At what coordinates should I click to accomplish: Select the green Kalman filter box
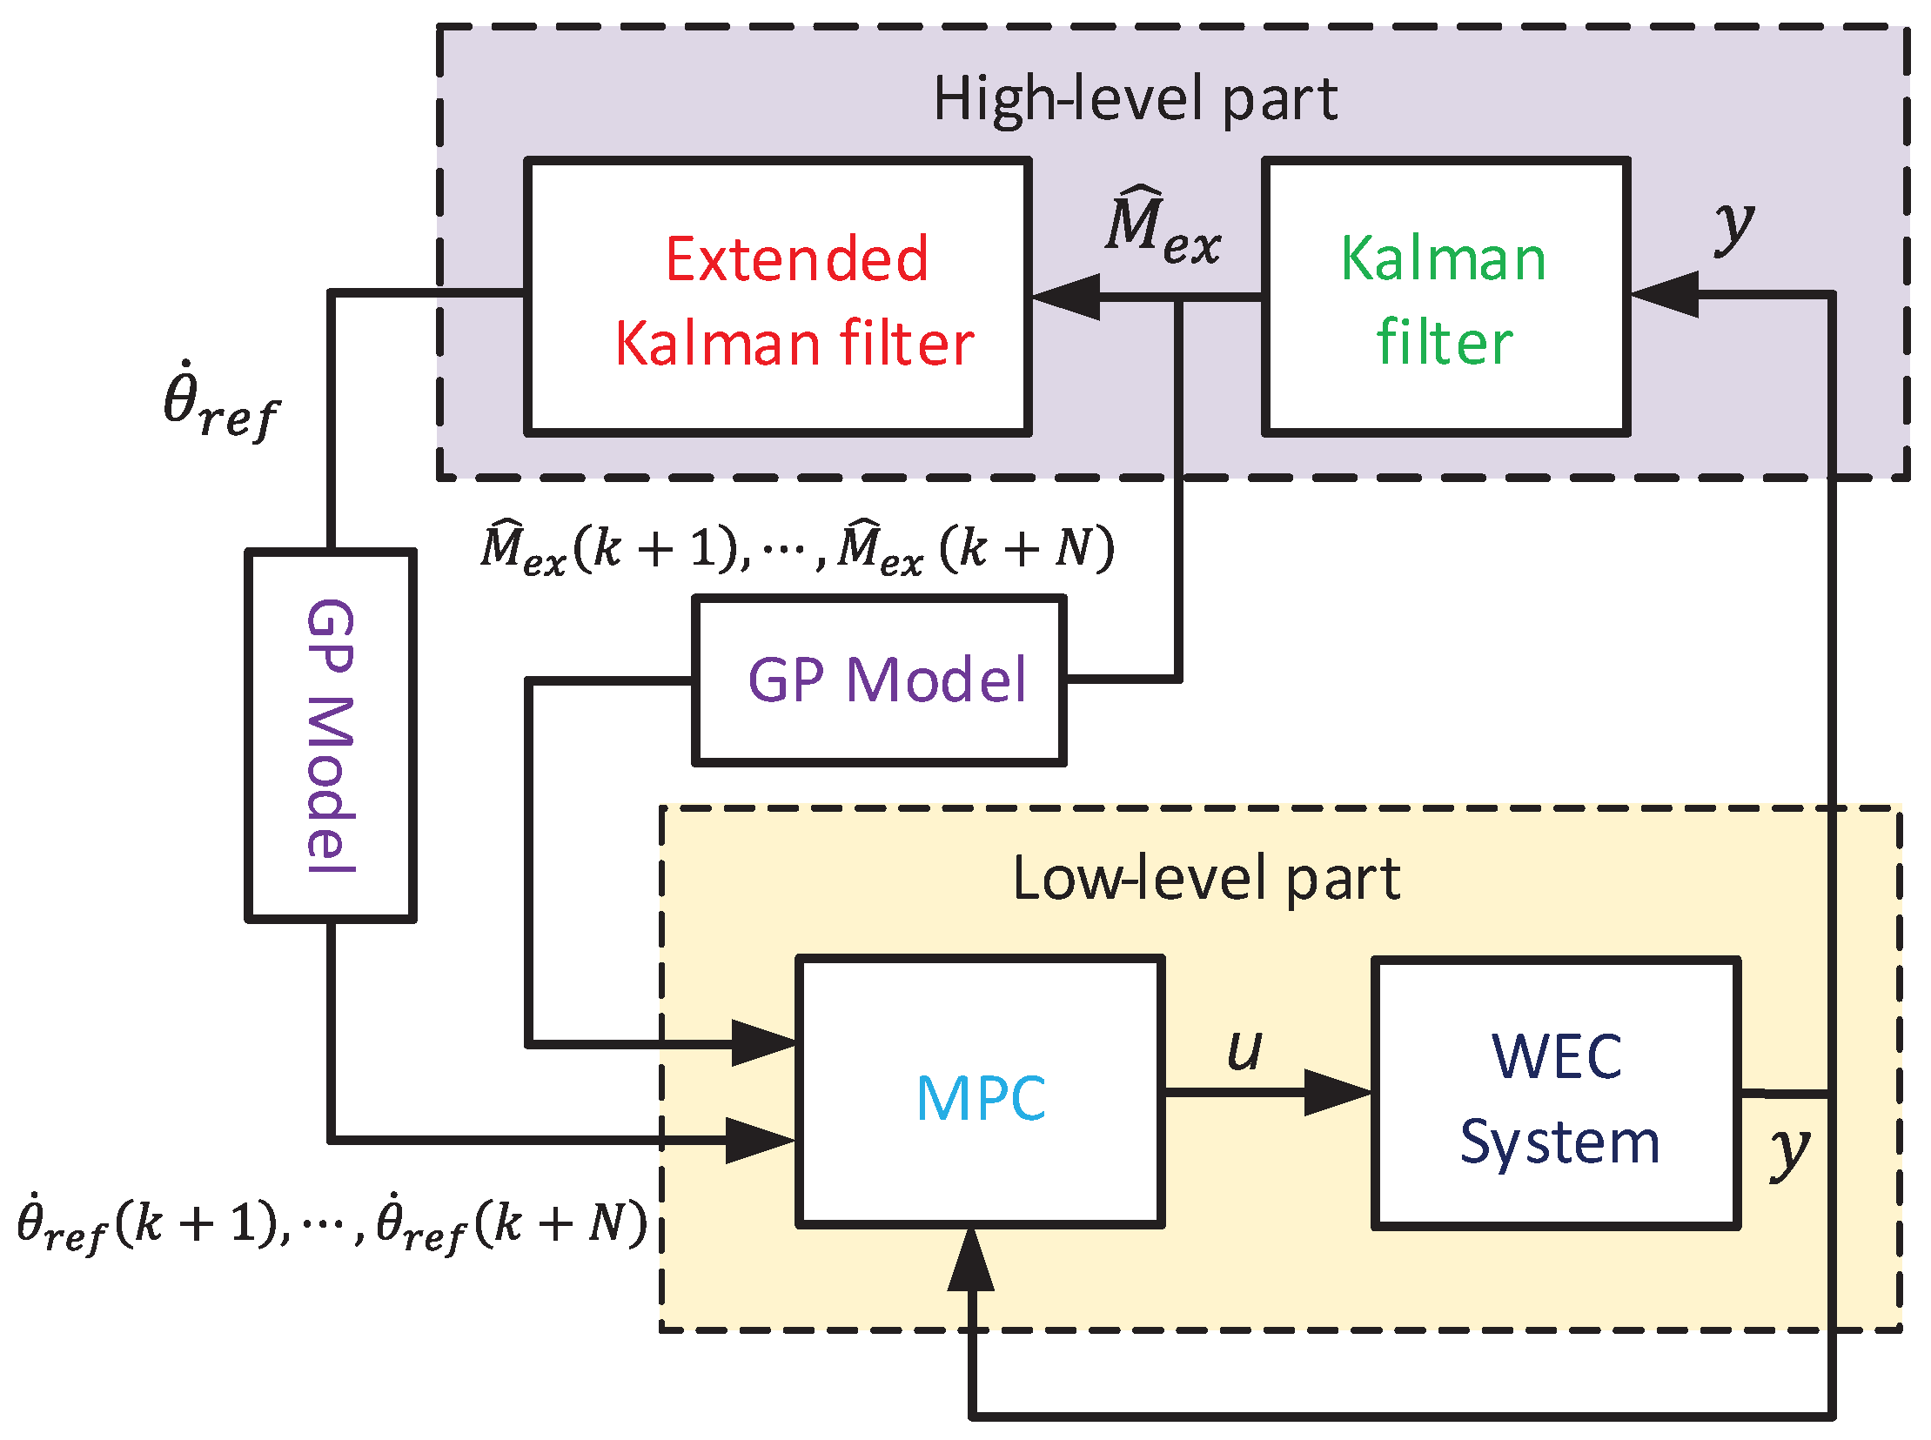point(1445,297)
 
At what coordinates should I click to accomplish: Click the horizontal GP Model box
point(879,680)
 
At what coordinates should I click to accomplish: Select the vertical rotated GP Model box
point(331,735)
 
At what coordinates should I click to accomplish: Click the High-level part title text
point(1134,99)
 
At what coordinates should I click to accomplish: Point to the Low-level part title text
point(1205,879)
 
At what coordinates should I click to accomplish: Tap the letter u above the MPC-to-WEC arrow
point(1244,1048)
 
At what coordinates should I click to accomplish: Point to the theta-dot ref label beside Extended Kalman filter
point(220,403)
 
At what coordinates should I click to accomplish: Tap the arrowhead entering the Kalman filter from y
point(1663,295)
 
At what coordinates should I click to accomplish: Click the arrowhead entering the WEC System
point(1337,1092)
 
